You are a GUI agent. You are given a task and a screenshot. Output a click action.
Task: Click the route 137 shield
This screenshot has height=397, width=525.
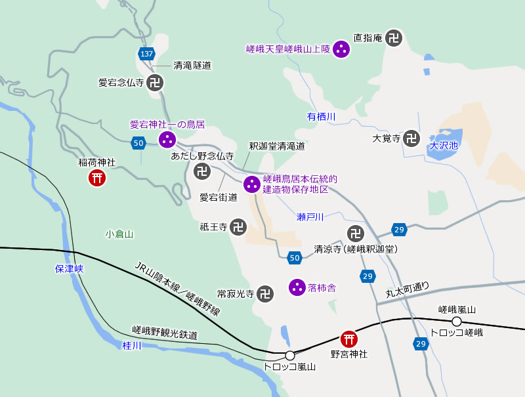pos(146,53)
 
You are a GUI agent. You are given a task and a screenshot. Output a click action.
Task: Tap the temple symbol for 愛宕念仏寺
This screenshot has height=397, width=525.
pos(155,83)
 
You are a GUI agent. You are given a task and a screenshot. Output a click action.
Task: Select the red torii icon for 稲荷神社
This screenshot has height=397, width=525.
pos(98,177)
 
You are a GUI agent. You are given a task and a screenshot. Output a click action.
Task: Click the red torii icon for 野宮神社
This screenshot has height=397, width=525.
pos(349,339)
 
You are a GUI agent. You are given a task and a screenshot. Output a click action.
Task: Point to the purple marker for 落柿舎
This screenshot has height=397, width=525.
pos(297,287)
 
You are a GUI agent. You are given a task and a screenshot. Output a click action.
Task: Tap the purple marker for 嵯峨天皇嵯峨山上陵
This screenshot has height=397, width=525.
pos(341,49)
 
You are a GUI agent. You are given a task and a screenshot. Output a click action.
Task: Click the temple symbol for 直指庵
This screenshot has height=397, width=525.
pos(394,38)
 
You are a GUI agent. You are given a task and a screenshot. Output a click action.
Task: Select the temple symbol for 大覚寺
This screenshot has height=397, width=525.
pos(411,138)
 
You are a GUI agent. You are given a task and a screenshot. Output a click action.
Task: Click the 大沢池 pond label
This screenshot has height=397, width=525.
pos(444,146)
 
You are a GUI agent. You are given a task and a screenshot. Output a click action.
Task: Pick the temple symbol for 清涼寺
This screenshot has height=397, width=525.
pos(355,233)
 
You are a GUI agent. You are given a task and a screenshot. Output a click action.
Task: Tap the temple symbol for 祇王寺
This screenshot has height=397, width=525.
pos(239,227)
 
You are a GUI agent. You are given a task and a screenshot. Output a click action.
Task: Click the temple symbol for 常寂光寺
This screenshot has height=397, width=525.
pos(265,293)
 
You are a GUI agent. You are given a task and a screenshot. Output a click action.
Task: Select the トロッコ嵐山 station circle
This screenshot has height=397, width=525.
pos(289,355)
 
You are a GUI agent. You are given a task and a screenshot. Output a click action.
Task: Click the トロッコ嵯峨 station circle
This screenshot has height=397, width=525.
pos(457,321)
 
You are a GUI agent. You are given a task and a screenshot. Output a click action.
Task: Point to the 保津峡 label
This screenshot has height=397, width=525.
pos(70,268)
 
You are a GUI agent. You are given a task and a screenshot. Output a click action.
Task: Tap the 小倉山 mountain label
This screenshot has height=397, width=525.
pos(119,234)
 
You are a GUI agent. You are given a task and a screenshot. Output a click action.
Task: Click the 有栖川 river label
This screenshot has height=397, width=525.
pos(322,117)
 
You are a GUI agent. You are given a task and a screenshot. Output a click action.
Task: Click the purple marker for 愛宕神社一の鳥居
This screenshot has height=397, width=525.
pos(167,139)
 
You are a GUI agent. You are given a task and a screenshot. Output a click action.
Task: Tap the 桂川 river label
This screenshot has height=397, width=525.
pos(132,345)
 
